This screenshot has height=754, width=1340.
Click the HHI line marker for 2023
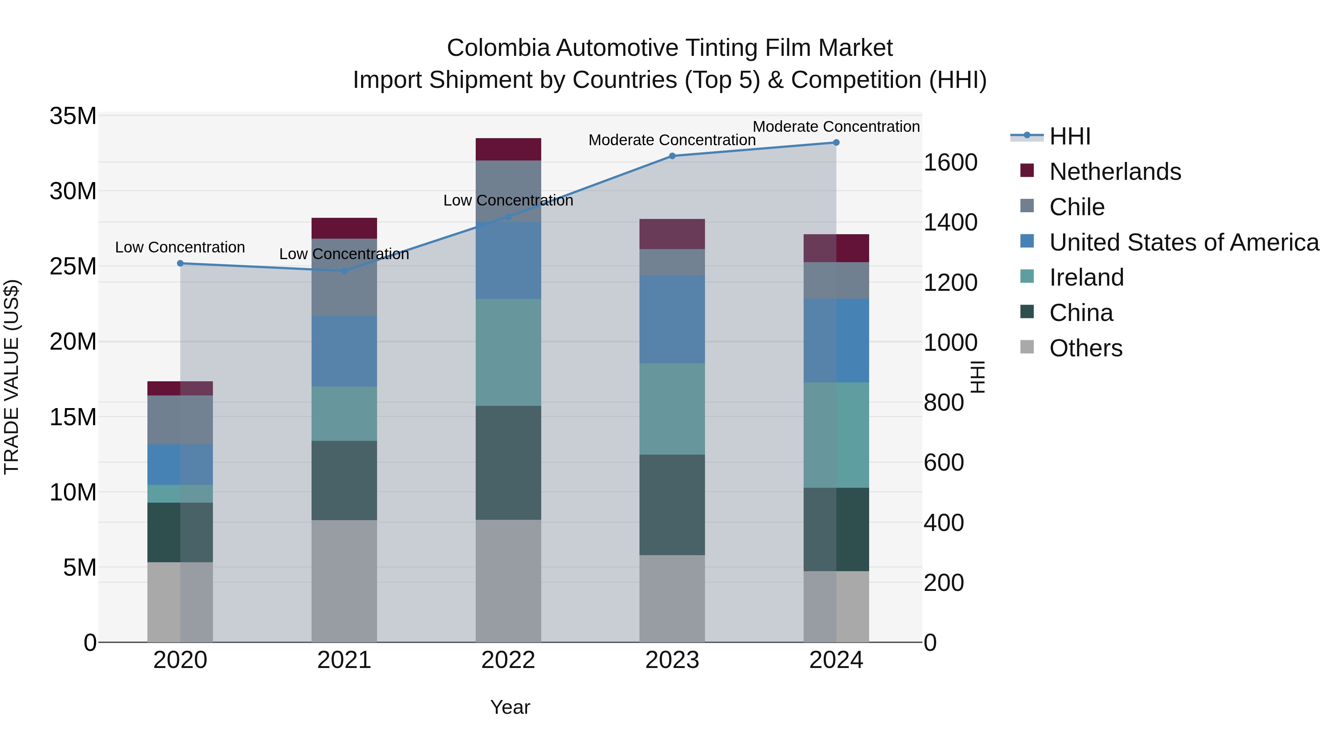pyautogui.click(x=672, y=156)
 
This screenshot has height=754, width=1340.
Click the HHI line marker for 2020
pyautogui.click(x=181, y=263)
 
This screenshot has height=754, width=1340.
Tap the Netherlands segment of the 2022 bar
pyautogui.click(x=508, y=149)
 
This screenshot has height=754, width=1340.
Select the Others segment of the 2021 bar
pyautogui.click(x=344, y=581)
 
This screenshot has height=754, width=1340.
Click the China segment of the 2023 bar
pyautogui.click(x=672, y=505)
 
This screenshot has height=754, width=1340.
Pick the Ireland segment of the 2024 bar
pyautogui.click(x=836, y=435)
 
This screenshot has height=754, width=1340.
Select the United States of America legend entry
pyautogui.click(x=1183, y=242)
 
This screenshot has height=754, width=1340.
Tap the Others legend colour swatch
pyautogui.click(x=1027, y=347)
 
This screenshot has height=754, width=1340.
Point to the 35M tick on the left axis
pyautogui.click(x=73, y=116)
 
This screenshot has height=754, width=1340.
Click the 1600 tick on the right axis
pyautogui.click(x=950, y=163)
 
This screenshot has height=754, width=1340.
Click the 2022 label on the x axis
pyautogui.click(x=508, y=660)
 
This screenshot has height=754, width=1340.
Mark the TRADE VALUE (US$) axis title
pyautogui.click(x=12, y=377)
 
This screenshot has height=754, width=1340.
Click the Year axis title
pyautogui.click(x=510, y=707)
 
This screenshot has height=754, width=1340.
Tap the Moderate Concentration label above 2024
pyautogui.click(x=836, y=127)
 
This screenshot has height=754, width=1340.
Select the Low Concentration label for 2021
pyautogui.click(x=344, y=254)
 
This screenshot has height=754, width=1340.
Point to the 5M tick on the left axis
pyautogui.click(x=80, y=567)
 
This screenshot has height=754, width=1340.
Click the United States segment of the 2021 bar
pyautogui.click(x=344, y=351)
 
